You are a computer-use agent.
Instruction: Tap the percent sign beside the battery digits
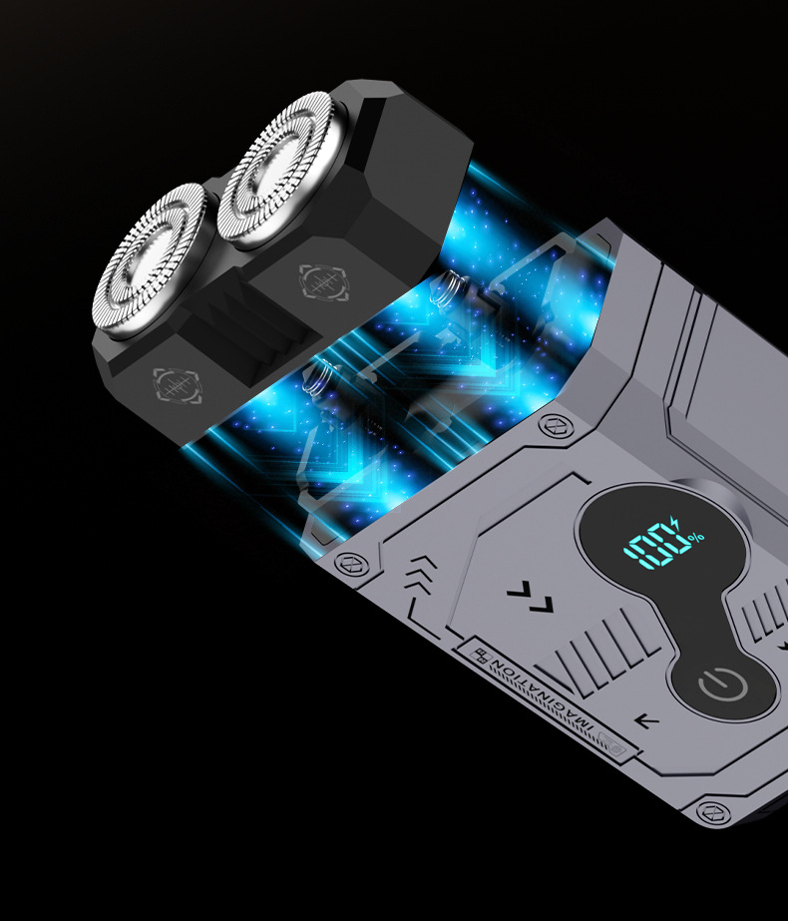696,537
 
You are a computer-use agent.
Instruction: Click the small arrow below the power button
647,720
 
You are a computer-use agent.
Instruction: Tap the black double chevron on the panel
531,597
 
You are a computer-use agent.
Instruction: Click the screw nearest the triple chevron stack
352,564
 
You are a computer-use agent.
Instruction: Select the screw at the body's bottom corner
714,812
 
